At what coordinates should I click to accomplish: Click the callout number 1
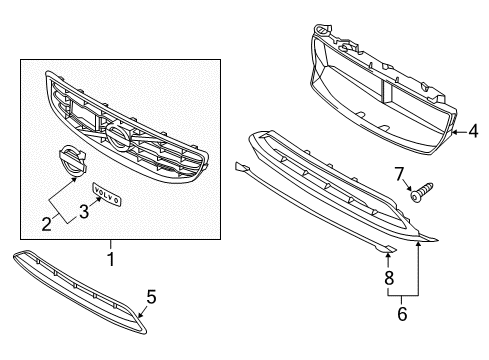coord(111,258)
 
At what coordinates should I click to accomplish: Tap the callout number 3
coord(84,210)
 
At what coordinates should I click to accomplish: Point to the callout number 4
coord(474,129)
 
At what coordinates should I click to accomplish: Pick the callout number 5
coord(152,297)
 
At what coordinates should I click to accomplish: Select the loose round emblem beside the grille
coord(70,163)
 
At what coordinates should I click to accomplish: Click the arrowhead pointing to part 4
coord(455,130)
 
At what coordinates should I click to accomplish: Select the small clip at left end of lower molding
coord(240,166)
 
